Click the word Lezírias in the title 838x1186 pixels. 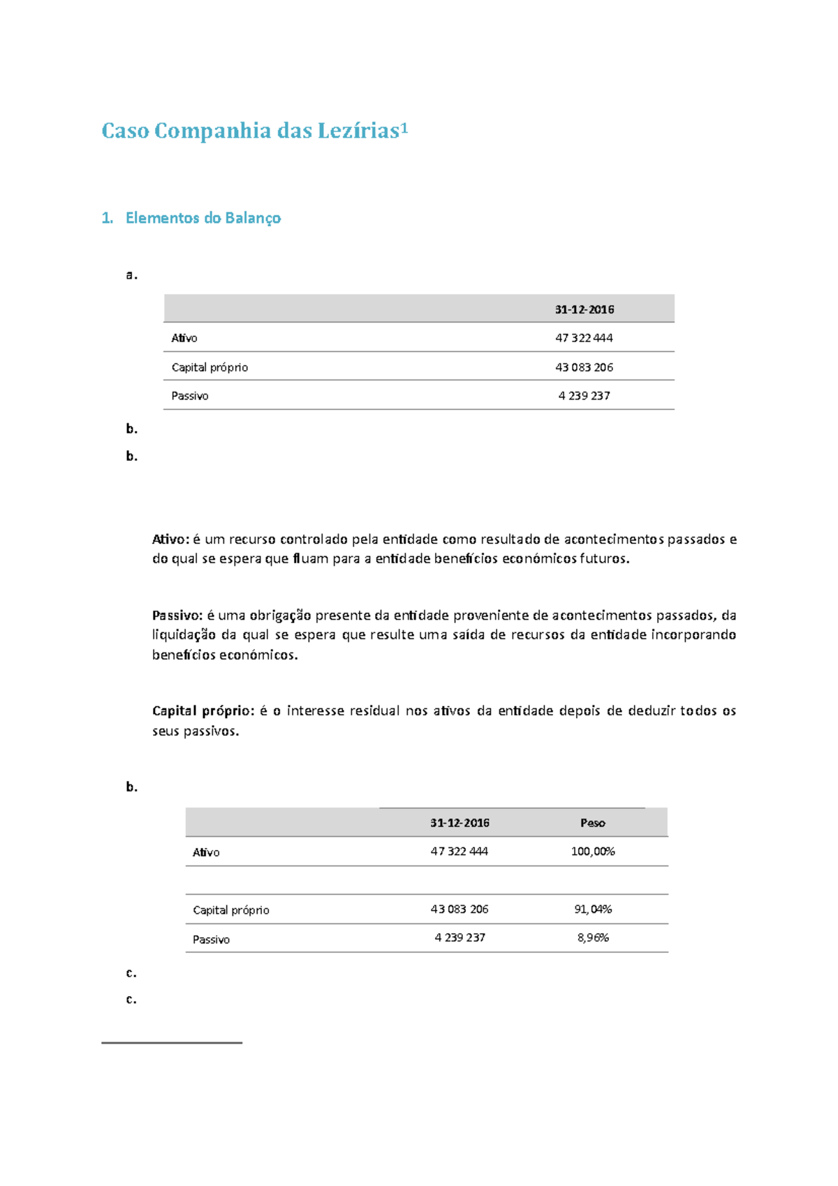pyautogui.click(x=358, y=131)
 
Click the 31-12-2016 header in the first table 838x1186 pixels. pyautogui.click(x=585, y=309)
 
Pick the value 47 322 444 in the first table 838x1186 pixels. pyautogui.click(x=584, y=338)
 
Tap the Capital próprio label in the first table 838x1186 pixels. pyautogui.click(x=209, y=367)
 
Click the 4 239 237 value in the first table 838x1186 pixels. pyautogui.click(x=584, y=396)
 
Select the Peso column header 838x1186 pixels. pyautogui.click(x=592, y=823)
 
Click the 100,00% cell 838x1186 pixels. pyautogui.click(x=592, y=851)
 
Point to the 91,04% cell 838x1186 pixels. pyautogui.click(x=592, y=909)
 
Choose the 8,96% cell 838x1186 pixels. pyautogui.click(x=592, y=938)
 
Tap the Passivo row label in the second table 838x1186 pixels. pyautogui.click(x=211, y=939)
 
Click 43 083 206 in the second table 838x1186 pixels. pyautogui.click(x=459, y=909)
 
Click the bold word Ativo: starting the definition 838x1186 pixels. pyautogui.click(x=170, y=539)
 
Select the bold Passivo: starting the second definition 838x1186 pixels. pyautogui.click(x=177, y=615)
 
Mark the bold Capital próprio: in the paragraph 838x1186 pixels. pyautogui.click(x=203, y=711)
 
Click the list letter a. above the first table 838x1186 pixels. pyautogui.click(x=131, y=275)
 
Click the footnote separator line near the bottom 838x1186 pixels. pyautogui.click(x=171, y=1043)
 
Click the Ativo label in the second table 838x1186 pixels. pyautogui.click(x=206, y=852)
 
